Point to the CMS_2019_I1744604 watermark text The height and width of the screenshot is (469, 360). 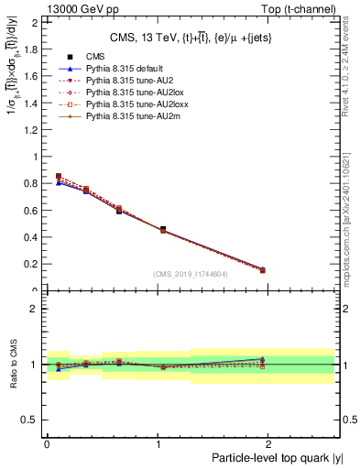point(190,274)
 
